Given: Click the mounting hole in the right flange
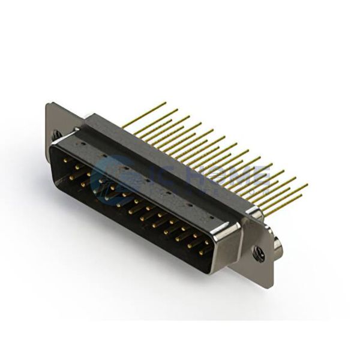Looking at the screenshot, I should click(x=259, y=253).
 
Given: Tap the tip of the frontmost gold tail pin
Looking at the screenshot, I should click(x=307, y=185).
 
